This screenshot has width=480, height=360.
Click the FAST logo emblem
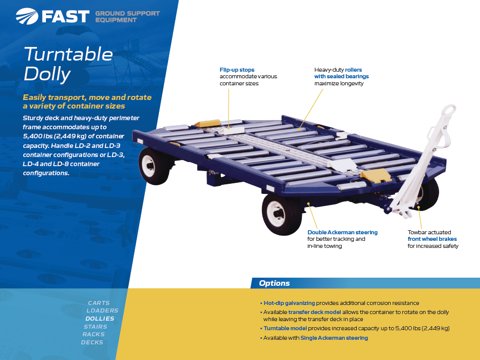[x=27, y=16]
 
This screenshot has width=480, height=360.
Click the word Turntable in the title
[x=68, y=54]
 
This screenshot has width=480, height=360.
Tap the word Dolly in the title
[x=47, y=74]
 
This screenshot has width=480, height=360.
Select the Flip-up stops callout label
[x=237, y=70]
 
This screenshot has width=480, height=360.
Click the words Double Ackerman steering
[x=342, y=232]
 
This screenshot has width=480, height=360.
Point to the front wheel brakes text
[x=432, y=239]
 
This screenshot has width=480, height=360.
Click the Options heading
[x=274, y=283]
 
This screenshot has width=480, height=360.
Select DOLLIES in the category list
[x=100, y=319]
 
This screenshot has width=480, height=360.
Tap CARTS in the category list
[x=98, y=303]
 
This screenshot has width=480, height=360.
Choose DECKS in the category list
[x=92, y=342]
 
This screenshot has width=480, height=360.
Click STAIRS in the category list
[x=95, y=327]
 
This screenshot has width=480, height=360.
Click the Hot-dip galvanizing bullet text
[x=289, y=303]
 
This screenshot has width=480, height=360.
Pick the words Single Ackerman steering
[x=334, y=338]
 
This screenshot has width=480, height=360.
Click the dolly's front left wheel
[x=282, y=214]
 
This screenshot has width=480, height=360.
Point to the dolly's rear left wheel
[x=154, y=166]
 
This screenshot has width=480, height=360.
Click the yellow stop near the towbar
[x=376, y=175]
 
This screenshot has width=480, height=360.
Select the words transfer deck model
[x=314, y=312]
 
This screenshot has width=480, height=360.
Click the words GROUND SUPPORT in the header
[x=127, y=14]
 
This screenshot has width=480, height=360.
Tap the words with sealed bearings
[x=341, y=77]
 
